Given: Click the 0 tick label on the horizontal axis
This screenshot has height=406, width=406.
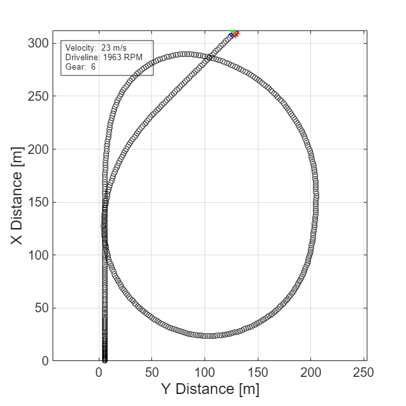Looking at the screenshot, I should pyautogui.click(x=99, y=372).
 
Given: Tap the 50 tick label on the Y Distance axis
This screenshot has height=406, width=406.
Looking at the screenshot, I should pyautogui.click(x=151, y=372).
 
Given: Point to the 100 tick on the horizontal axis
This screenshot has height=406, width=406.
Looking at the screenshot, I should pyautogui.click(x=205, y=372).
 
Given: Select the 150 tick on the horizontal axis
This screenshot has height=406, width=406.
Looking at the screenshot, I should pyautogui.click(x=257, y=372).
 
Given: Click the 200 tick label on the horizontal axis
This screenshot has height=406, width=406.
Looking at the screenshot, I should pyautogui.click(x=310, y=372).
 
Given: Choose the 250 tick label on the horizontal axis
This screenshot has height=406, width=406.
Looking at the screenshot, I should pyautogui.click(x=363, y=372).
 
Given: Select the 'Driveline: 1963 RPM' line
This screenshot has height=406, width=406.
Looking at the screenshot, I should pyautogui.click(x=103, y=57).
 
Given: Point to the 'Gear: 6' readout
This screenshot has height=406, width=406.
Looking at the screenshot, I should pyautogui.click(x=80, y=67).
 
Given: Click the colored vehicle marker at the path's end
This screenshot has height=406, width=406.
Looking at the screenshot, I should pyautogui.click(x=234, y=33).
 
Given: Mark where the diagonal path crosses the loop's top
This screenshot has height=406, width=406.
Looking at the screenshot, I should pyautogui.click(x=210, y=57).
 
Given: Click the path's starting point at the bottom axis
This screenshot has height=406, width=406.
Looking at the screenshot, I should pyautogui.click(x=105, y=360).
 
